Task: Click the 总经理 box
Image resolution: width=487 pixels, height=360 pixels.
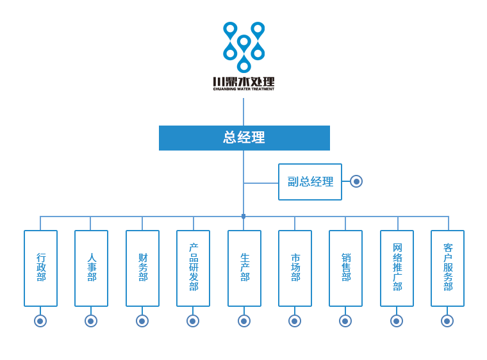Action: pos(244,138)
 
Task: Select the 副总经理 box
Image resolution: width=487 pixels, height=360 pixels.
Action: pos(310,181)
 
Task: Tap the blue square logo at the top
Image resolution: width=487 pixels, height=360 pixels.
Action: pos(244,47)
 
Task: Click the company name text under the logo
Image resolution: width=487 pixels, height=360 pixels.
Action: pos(244,83)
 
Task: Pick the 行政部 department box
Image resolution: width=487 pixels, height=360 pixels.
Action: pos(39,268)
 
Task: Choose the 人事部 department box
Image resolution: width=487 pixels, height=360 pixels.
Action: pos(90,268)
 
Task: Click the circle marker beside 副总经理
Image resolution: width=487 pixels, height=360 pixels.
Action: pos(356,181)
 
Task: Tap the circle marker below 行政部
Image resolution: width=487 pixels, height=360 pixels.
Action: pos(40,321)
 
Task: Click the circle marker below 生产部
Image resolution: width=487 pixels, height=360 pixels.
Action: pos(244,321)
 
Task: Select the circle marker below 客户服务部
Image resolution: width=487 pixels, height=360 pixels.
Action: pos(447,321)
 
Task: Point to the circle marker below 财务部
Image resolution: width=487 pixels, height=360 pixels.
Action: pos(142,321)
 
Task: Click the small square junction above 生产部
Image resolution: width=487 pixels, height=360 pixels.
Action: pos(244,217)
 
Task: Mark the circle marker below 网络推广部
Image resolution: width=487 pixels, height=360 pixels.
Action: pos(396,321)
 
